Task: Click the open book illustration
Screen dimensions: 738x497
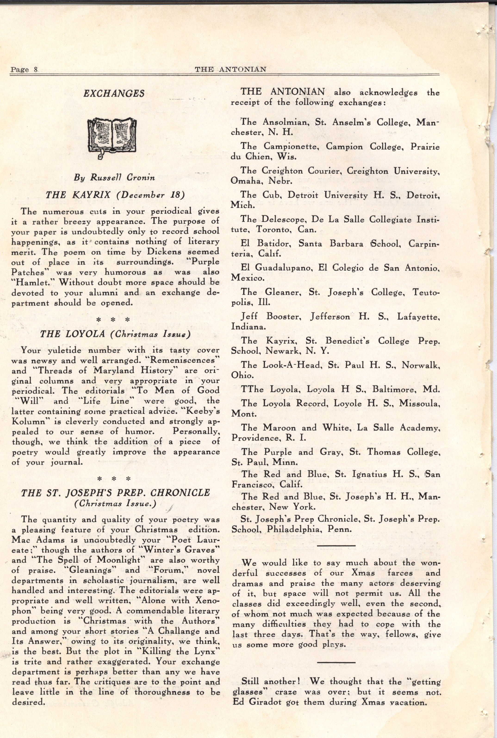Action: tap(112, 136)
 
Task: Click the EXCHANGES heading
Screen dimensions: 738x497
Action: tap(114, 94)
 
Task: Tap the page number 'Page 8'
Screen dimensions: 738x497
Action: tap(24, 70)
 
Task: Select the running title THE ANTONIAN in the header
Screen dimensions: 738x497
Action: tap(230, 69)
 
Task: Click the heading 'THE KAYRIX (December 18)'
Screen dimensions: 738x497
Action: tap(115, 195)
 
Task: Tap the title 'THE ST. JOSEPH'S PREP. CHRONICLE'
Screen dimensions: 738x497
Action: tap(115, 493)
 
